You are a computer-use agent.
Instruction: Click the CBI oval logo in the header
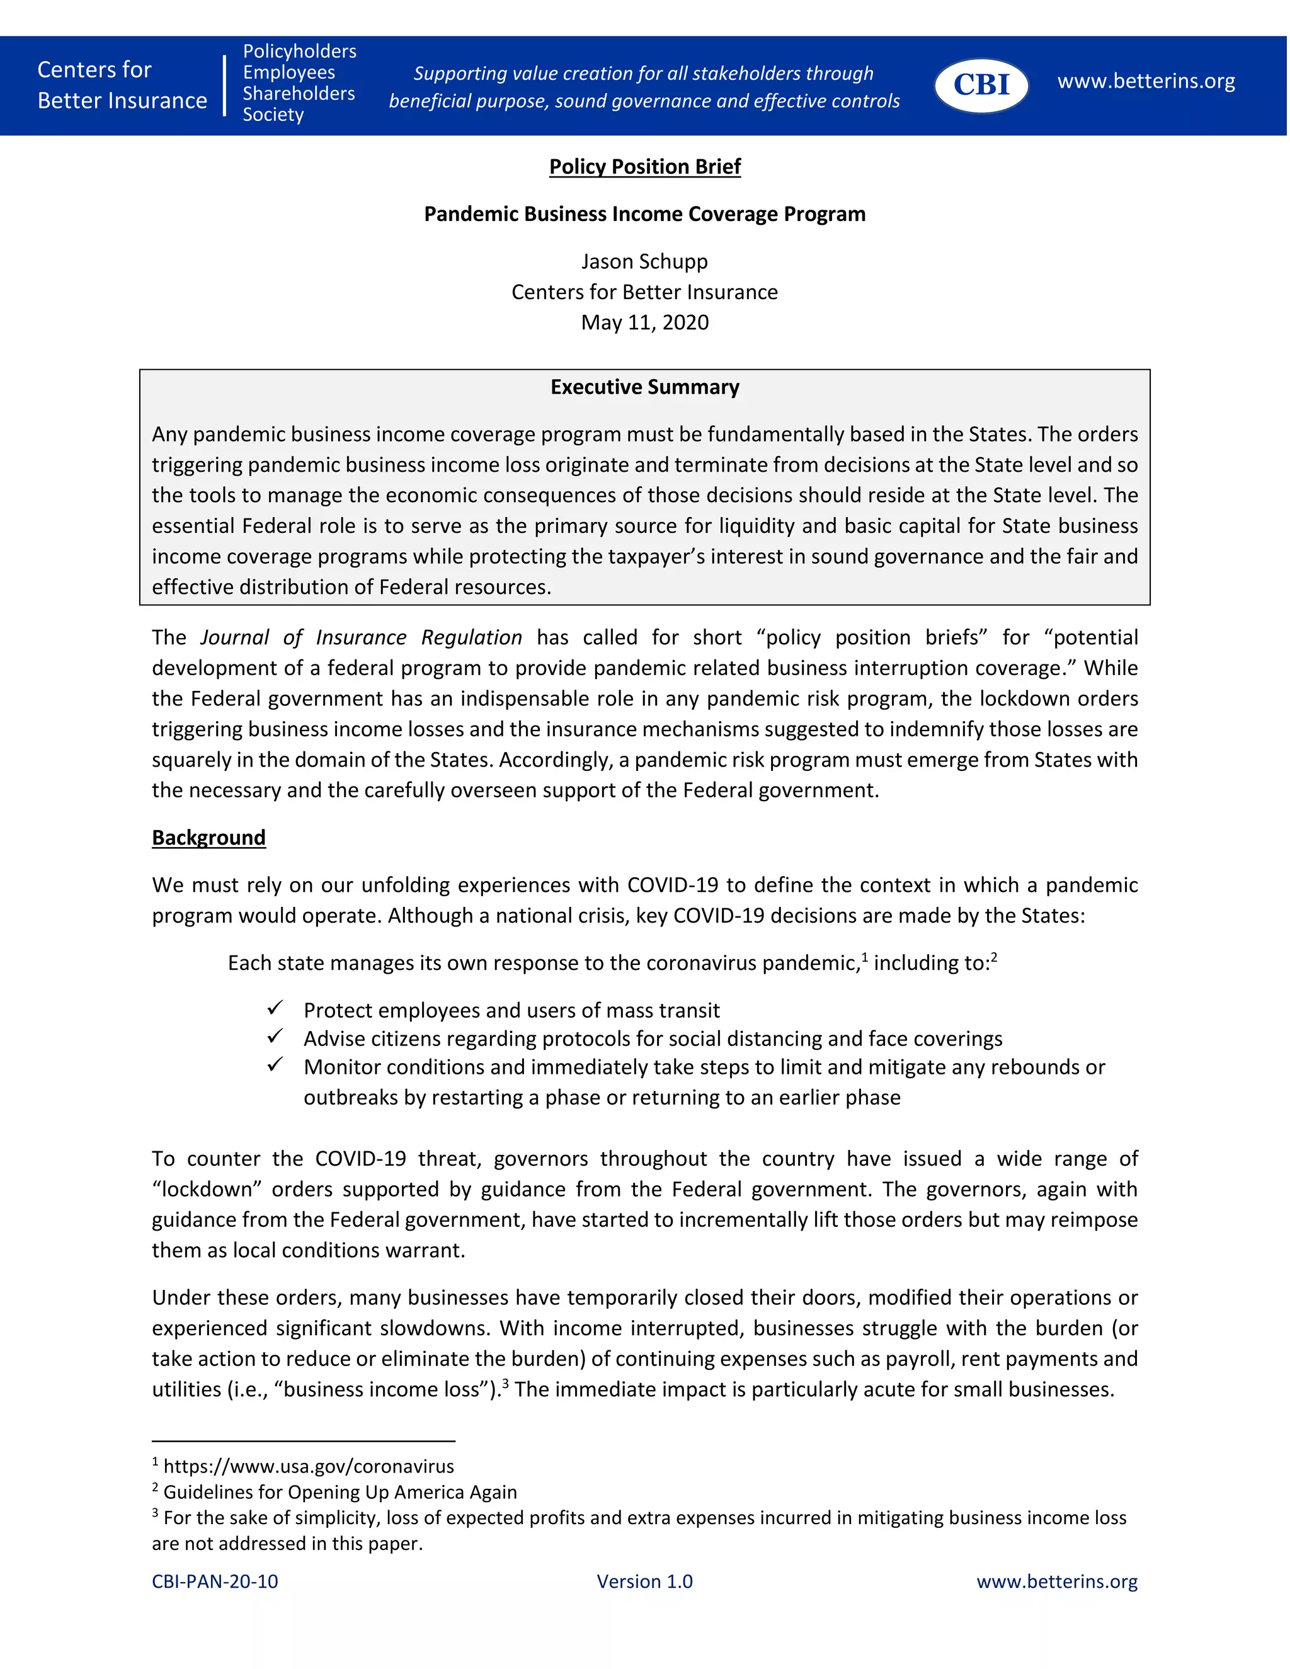[x=981, y=85]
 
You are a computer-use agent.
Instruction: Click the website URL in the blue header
[x=1146, y=81]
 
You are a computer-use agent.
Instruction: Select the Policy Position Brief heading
[x=644, y=167]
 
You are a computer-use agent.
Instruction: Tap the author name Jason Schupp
[x=644, y=261]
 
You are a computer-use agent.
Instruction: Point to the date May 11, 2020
[x=644, y=322]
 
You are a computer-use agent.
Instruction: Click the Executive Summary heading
[x=644, y=387]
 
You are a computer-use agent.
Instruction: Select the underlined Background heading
[x=208, y=838]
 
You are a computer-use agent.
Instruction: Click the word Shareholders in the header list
[x=299, y=93]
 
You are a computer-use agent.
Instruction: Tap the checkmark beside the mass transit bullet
[x=275, y=1008]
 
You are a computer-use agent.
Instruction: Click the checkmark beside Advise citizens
[x=275, y=1036]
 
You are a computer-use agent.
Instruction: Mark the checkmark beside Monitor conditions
[x=275, y=1064]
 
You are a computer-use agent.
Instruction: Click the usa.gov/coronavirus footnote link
[x=309, y=1466]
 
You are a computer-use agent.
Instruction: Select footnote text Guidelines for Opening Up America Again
[x=340, y=1491]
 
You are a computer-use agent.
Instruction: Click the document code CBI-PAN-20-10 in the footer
[x=215, y=1581]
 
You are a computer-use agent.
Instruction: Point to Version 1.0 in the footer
[x=644, y=1581]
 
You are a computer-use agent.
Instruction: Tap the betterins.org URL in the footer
[x=1057, y=1581]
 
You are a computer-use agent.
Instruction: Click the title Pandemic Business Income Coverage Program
[x=644, y=214]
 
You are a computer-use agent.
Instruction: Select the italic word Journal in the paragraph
[x=234, y=637]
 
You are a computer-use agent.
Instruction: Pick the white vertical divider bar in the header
[x=225, y=85]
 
